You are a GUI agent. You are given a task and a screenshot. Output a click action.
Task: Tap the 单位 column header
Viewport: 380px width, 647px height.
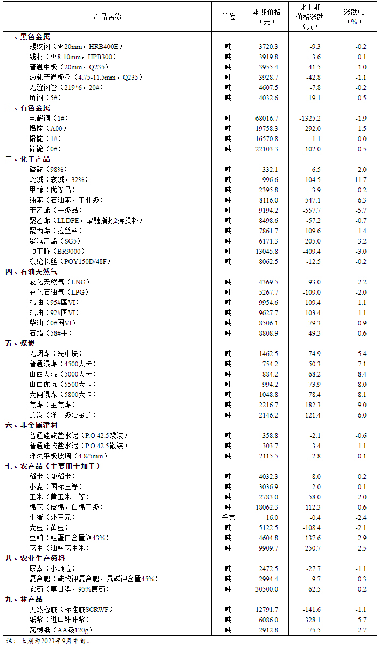(229, 17)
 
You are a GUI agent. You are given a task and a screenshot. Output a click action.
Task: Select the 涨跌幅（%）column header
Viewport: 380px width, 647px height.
(354, 17)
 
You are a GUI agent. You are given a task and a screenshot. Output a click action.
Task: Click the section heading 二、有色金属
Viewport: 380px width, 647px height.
(27, 108)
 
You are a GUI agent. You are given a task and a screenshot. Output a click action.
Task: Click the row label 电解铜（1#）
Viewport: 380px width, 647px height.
(49, 118)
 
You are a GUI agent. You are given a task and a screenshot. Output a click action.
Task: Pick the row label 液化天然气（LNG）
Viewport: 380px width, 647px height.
(60, 282)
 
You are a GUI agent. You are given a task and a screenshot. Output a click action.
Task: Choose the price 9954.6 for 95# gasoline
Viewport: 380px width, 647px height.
(268, 302)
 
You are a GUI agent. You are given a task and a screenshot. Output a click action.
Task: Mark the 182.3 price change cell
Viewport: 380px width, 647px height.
(313, 405)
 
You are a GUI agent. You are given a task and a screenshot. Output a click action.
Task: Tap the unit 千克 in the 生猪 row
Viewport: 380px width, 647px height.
(229, 517)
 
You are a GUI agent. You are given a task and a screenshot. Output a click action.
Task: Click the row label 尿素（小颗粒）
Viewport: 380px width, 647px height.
(53, 568)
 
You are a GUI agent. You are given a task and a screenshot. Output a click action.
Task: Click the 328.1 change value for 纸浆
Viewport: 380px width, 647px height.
(313, 620)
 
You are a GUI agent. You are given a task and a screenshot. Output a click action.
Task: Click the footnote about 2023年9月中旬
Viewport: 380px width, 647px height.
(49, 641)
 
